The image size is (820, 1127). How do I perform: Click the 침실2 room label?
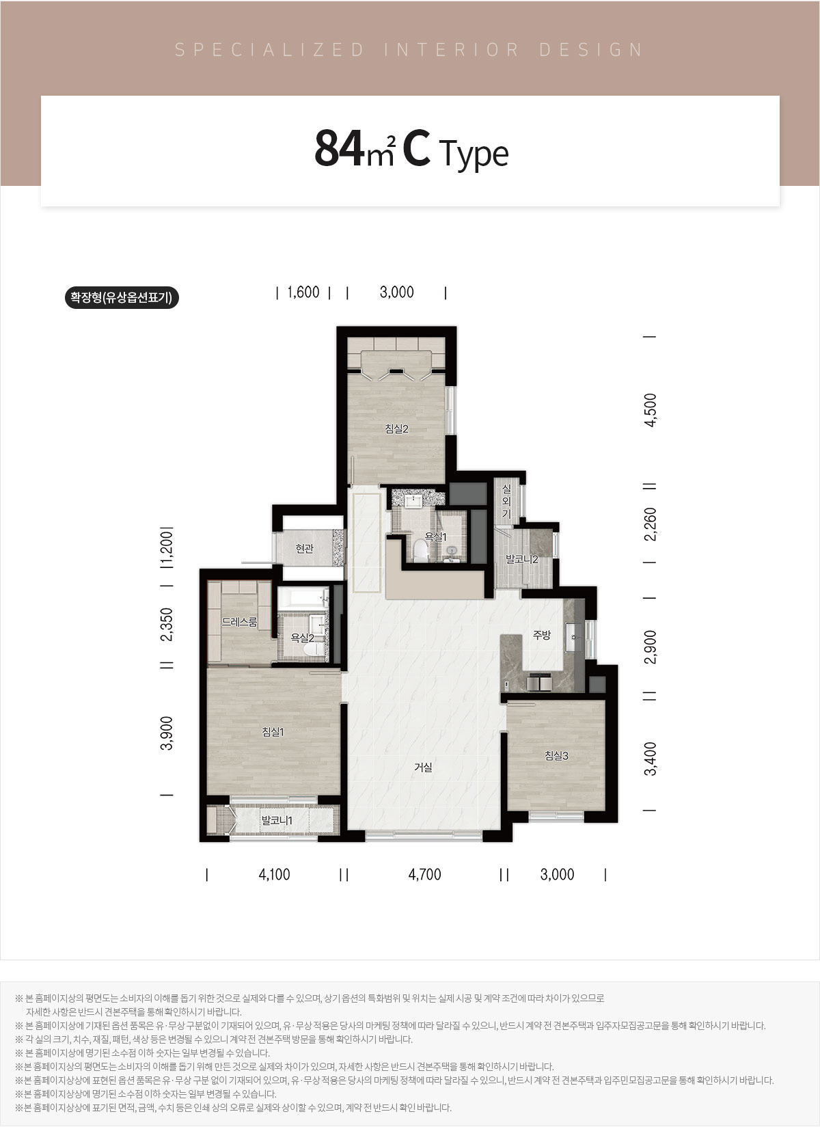point(396,429)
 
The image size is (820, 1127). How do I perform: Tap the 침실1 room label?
point(273,731)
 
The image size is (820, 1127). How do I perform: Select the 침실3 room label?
point(556,755)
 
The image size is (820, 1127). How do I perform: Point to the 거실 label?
point(423,768)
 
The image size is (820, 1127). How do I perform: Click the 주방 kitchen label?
point(542,635)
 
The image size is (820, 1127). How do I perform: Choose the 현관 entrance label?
point(304,548)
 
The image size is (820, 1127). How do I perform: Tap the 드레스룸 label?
point(240,622)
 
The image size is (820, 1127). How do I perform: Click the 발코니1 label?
point(277,821)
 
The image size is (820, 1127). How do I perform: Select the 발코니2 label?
point(522,559)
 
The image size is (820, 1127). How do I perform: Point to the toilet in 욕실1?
point(420,550)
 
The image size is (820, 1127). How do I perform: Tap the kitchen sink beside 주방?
point(574,637)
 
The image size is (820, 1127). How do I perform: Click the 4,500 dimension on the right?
point(651,410)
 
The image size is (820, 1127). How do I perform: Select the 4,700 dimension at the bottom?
point(424,874)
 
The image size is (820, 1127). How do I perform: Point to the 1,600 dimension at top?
point(303,292)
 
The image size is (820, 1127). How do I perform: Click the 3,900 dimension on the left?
point(167,733)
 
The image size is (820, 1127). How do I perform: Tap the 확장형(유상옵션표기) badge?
point(122,297)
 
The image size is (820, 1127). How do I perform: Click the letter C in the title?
point(417,148)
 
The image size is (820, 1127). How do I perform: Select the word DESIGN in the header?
point(591,50)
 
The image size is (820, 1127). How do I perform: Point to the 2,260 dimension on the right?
point(651,524)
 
